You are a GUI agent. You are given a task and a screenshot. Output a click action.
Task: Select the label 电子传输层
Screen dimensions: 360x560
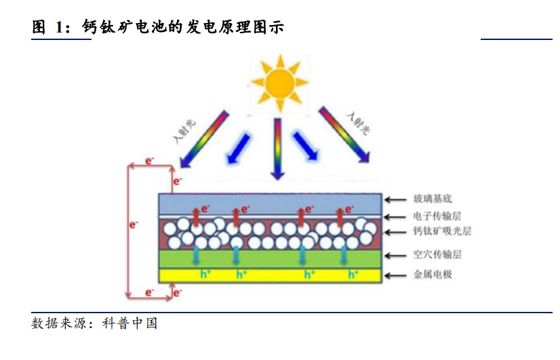point(437,216)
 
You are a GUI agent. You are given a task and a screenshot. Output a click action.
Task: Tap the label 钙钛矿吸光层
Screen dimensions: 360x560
point(441,232)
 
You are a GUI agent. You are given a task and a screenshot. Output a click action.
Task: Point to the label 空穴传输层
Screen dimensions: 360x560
point(437,256)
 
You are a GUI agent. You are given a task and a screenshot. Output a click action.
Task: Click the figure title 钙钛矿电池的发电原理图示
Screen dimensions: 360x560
point(182,28)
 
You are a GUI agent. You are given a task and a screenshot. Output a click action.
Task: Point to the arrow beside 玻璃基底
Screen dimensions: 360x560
point(393,199)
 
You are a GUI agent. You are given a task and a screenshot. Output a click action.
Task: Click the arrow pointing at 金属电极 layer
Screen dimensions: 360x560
point(393,275)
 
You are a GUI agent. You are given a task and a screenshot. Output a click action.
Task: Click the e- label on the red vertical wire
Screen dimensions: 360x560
point(134,223)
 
